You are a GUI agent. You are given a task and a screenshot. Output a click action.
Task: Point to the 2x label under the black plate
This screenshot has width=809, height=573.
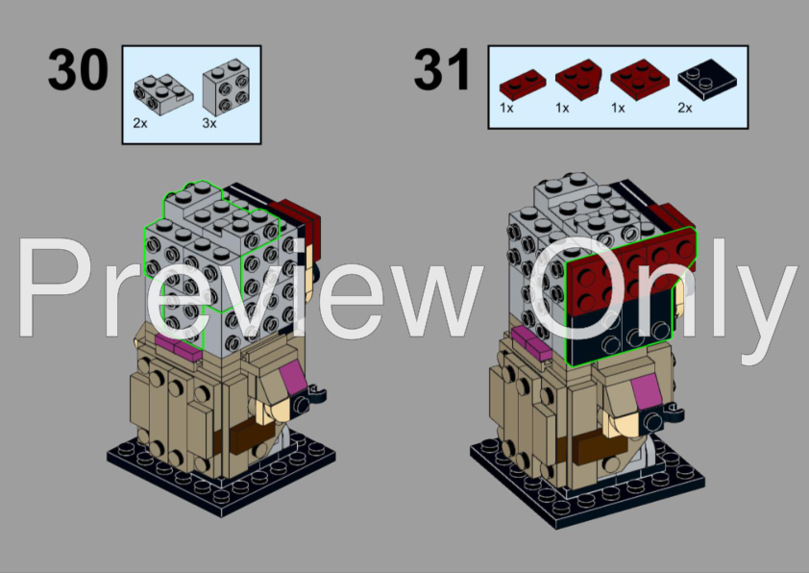[x=685, y=109]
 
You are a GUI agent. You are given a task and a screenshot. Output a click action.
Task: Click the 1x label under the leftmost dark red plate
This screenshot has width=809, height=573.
[x=507, y=109]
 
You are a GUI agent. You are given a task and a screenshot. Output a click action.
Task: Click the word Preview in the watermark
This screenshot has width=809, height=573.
[x=250, y=286]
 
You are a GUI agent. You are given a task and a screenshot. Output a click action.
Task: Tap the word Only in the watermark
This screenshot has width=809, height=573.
[x=663, y=286]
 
